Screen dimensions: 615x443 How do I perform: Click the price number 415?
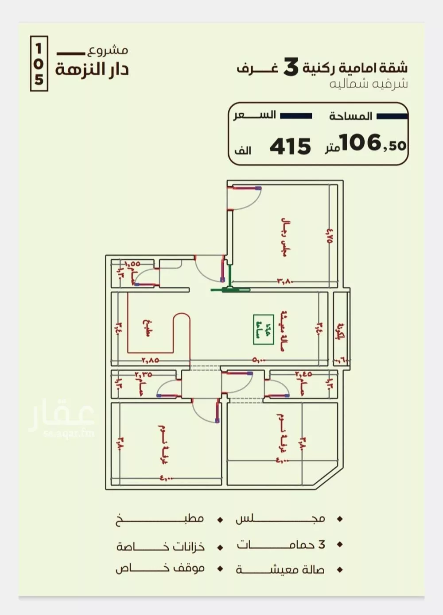click(x=290, y=146)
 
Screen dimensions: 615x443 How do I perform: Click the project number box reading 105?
click(x=39, y=64)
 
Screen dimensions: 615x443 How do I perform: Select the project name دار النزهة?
click(x=92, y=69)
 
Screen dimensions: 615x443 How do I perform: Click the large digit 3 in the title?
click(x=291, y=67)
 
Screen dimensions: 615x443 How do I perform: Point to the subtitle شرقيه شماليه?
click(x=368, y=84)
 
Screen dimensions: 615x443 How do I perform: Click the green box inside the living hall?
click(x=263, y=329)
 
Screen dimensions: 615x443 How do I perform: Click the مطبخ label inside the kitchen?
click(x=148, y=328)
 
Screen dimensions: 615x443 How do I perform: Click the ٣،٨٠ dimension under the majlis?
click(x=286, y=281)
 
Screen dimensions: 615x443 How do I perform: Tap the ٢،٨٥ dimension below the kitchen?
click(x=150, y=360)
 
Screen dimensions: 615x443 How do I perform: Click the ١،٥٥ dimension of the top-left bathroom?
click(x=132, y=264)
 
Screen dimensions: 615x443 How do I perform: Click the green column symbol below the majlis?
click(x=230, y=290)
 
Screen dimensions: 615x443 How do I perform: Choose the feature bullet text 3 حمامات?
click(x=281, y=545)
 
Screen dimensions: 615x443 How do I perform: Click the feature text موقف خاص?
click(x=160, y=569)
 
